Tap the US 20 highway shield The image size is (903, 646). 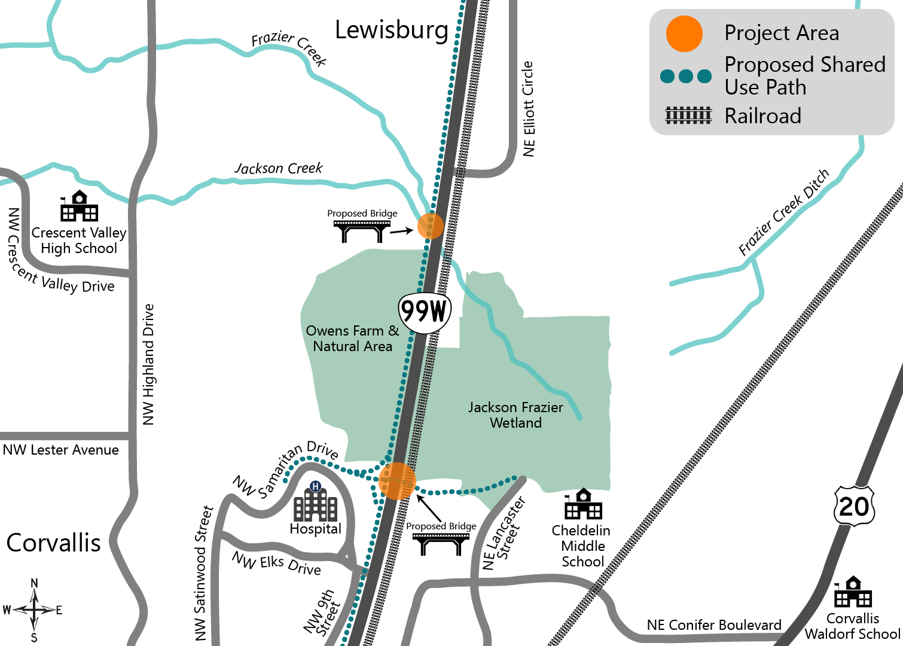point(854,507)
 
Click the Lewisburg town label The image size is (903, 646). point(391,30)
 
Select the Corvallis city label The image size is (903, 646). point(53,543)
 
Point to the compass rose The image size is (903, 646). point(34,610)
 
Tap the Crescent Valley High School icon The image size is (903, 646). point(79,206)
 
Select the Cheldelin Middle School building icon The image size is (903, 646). point(583,504)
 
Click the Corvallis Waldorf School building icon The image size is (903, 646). point(853,592)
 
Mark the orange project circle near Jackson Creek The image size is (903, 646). point(430,226)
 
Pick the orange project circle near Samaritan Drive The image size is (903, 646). point(397,480)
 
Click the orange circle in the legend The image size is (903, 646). point(684,33)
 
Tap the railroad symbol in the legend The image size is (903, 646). point(688,115)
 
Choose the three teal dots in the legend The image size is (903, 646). point(686,76)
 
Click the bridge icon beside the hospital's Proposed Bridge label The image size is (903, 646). point(441,543)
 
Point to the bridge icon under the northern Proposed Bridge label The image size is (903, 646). point(362,230)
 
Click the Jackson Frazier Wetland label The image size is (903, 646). point(515,415)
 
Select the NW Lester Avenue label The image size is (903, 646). point(61,450)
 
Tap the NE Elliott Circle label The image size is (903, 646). point(528,109)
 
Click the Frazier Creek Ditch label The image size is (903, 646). point(784,212)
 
